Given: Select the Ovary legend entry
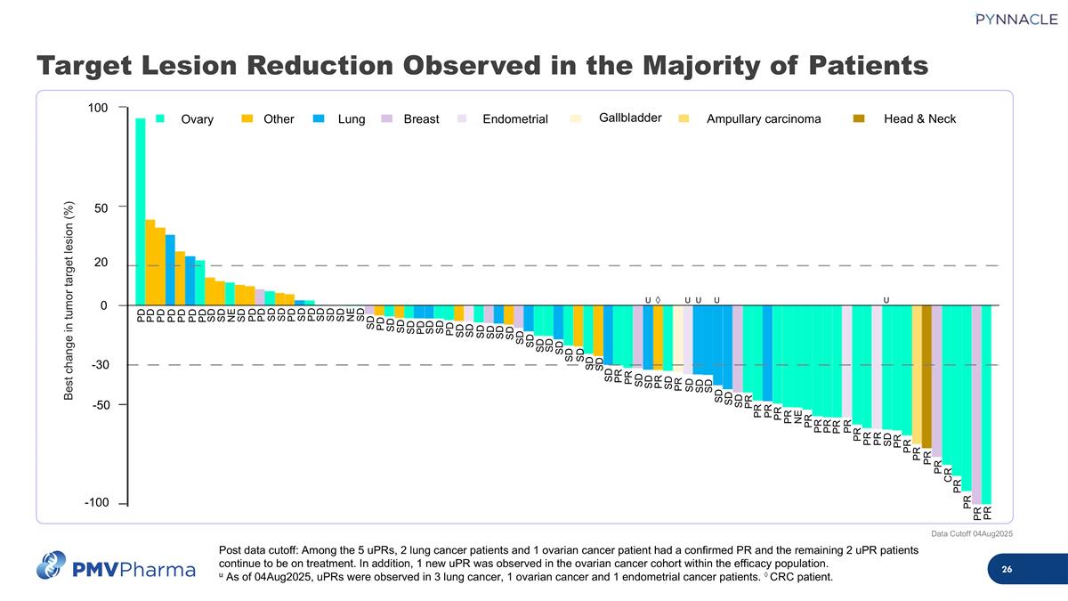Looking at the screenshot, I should (x=197, y=119).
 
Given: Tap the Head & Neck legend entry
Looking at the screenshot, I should (x=919, y=119).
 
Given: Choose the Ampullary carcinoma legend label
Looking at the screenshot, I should (x=763, y=119).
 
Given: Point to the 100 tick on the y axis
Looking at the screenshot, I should (x=98, y=109).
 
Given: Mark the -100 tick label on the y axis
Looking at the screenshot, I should (x=96, y=503).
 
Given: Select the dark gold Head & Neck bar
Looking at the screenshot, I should (x=926, y=377).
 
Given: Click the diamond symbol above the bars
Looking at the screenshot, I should (x=658, y=299).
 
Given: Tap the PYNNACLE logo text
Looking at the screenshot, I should (x=1003, y=20).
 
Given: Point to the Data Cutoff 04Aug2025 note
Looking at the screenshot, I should (x=971, y=533).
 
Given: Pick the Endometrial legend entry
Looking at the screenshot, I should (x=514, y=119).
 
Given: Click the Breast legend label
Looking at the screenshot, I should (x=421, y=119).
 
